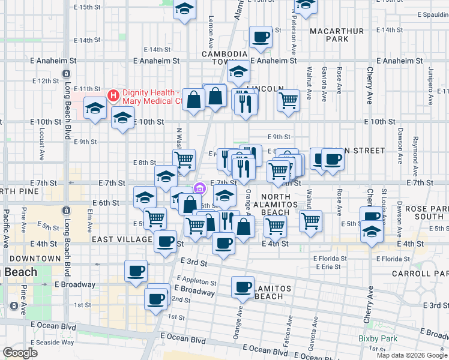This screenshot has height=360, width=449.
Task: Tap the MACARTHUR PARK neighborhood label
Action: (328, 35)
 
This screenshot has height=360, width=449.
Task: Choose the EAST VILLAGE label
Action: (122, 239)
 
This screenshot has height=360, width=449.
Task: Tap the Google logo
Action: (20, 353)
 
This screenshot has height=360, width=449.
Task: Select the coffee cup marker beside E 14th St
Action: (261, 38)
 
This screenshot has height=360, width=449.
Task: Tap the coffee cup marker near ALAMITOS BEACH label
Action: (243, 287)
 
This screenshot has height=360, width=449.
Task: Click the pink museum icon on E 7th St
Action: (200, 188)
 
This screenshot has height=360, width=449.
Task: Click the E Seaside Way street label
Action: (55, 342)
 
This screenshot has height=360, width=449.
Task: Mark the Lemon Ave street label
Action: (211, 37)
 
